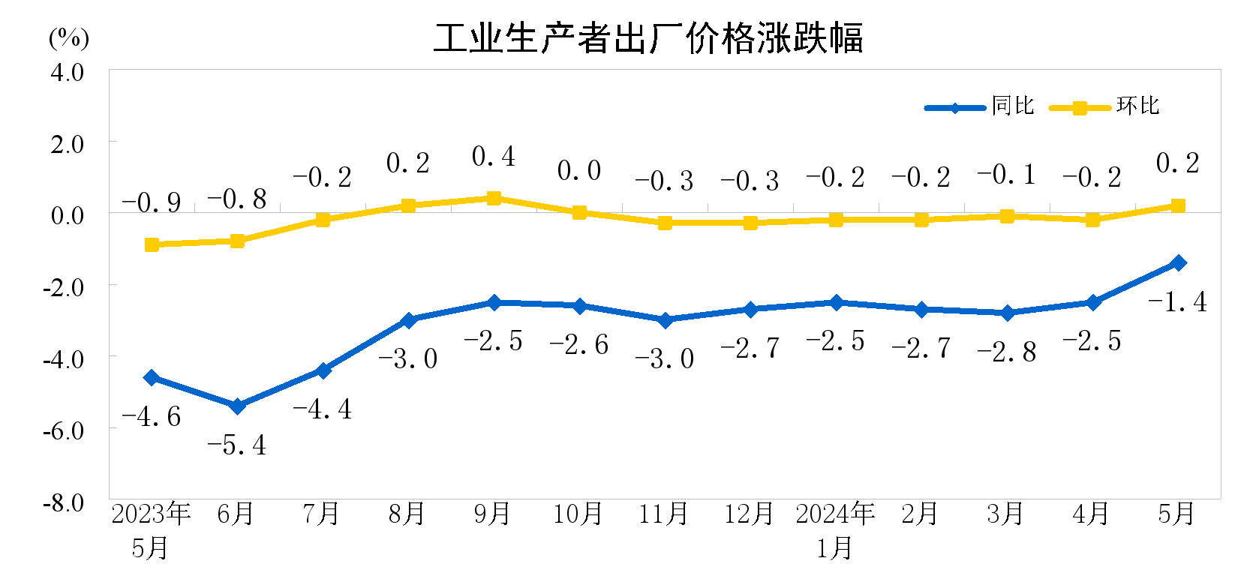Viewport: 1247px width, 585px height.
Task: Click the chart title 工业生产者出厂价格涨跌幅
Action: coord(648,38)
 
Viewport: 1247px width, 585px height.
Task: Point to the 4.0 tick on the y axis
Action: coord(67,73)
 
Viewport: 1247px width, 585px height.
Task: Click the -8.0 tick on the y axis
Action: coord(64,502)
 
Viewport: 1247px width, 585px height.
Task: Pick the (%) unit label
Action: coord(68,37)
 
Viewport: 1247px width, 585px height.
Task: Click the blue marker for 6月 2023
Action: coord(237,406)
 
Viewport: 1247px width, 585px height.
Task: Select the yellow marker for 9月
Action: coord(494,198)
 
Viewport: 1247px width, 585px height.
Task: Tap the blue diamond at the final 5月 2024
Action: coord(1178,262)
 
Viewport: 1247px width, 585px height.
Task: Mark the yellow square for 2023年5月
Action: coord(152,244)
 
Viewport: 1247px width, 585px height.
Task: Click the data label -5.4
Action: coord(237,445)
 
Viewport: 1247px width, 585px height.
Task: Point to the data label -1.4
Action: coord(1177,301)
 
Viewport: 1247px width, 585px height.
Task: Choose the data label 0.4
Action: coord(494,157)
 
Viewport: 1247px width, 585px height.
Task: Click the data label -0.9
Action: coord(152,202)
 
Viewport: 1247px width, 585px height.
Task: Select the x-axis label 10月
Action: coord(578,514)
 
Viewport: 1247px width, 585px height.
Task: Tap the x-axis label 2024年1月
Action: coord(835,530)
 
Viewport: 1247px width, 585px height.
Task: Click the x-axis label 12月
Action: coord(749,514)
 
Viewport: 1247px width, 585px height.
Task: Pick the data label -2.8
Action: coord(1007,352)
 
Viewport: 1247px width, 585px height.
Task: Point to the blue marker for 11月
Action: coord(665,320)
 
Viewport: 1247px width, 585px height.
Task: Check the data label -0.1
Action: coord(1007,175)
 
